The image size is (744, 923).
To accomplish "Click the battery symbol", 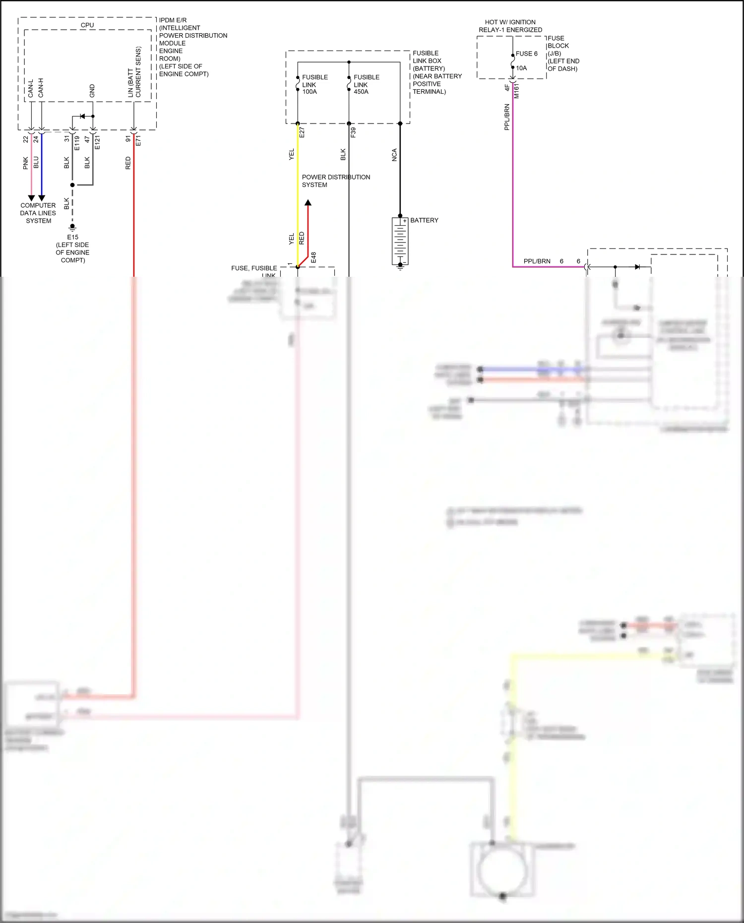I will (400, 242).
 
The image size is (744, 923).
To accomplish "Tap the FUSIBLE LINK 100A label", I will (315, 84).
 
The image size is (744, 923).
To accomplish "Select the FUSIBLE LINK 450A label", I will (367, 84).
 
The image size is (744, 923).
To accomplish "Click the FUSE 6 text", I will (526, 54).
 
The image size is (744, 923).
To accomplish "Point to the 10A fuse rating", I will (521, 68).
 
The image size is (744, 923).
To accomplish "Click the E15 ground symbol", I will (72, 227).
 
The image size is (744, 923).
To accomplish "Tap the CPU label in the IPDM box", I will (87, 25).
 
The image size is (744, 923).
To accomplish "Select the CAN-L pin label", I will (31, 88).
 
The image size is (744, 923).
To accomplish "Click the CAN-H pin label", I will (41, 88).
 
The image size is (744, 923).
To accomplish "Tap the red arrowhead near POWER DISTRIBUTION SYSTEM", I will (308, 202).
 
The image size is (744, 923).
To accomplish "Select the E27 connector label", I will (302, 132).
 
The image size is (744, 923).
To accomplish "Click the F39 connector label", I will (353, 132).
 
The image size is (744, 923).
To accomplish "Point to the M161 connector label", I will (517, 91).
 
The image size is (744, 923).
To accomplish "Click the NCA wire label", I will (394, 155).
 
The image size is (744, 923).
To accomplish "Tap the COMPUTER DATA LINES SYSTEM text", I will (38, 213).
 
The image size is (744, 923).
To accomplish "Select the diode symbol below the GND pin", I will (82, 117).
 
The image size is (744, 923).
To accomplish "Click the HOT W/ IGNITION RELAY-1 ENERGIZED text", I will (510, 26).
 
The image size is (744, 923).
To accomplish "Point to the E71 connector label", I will (138, 140).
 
